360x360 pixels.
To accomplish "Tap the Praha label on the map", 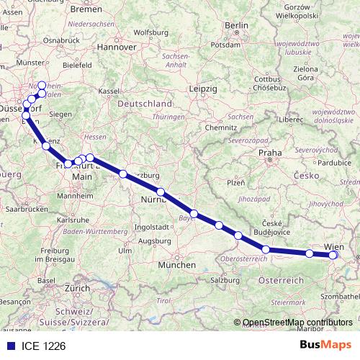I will pyautogui.click(x=270, y=153).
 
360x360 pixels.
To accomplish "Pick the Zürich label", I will pyautogui.click(x=77, y=287).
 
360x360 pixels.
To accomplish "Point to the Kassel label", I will pyautogui.click(x=109, y=91).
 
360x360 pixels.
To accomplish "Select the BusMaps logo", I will pyautogui.click(x=325, y=345).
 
